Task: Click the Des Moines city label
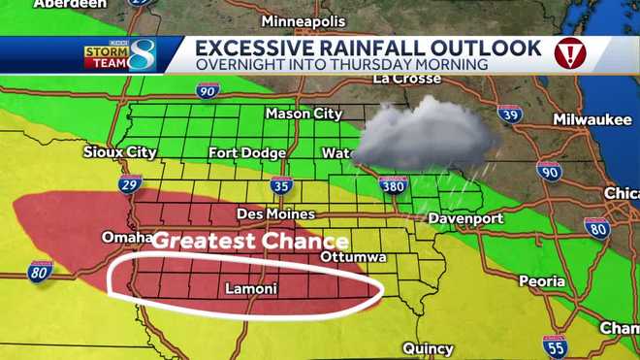(276, 213)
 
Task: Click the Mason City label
(304, 114)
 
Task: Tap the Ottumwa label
(354, 257)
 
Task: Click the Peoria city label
(542, 281)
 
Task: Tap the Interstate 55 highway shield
(555, 346)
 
